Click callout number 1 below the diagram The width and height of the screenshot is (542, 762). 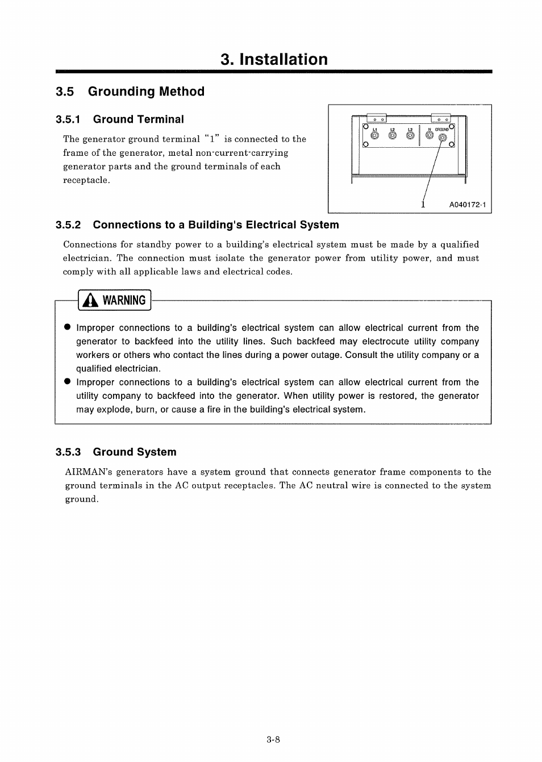[x=423, y=204]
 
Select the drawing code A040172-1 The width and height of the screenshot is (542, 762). [x=468, y=205]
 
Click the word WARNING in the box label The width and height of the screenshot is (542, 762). [x=124, y=301]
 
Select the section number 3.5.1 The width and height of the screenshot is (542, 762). [x=68, y=119]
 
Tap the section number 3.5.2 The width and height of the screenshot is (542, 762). [x=68, y=225]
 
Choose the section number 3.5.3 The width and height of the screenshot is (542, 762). [x=68, y=452]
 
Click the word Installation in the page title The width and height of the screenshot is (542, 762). [x=283, y=60]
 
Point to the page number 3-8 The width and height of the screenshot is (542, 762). [x=273, y=740]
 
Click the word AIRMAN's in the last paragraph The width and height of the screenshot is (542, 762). [x=88, y=472]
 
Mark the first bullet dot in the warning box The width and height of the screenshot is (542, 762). [x=66, y=328]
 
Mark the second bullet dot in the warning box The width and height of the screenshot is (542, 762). [x=66, y=382]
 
